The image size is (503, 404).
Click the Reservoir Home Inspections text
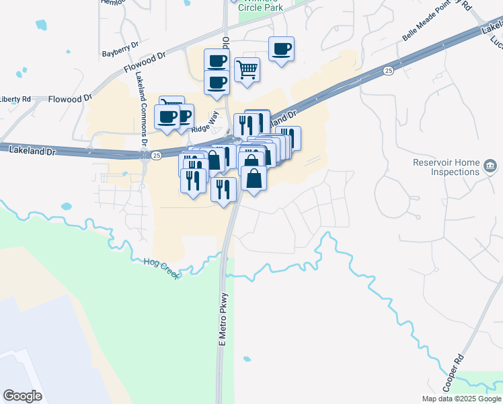click(447, 167)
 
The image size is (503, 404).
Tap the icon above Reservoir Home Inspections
click(490, 166)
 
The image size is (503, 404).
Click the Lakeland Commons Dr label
click(142, 107)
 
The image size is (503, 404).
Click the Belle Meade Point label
click(431, 24)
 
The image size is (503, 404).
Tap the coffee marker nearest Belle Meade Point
click(282, 49)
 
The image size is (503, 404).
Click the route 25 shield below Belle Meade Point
click(388, 70)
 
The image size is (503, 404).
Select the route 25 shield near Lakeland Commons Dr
click(156, 155)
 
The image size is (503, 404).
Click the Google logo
click(22, 396)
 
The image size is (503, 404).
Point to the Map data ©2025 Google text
click(461, 399)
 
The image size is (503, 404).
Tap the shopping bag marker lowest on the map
click(254, 180)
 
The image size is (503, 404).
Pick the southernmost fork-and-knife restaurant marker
click(223, 190)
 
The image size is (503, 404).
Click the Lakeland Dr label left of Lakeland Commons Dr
click(31, 150)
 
